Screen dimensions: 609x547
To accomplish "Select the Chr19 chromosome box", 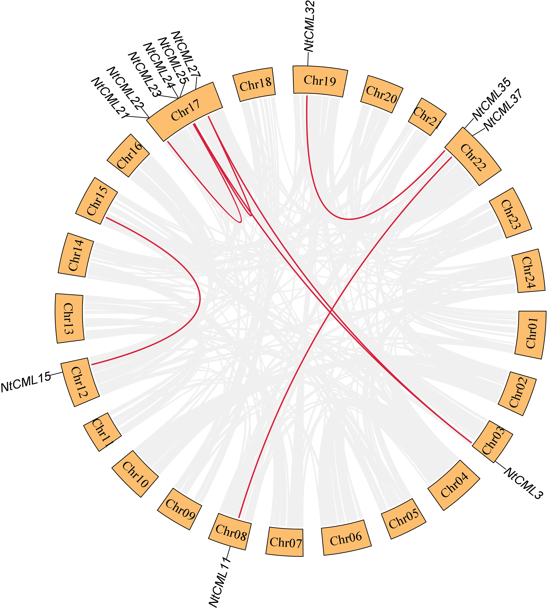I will (320, 80).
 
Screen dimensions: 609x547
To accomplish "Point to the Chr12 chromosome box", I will (80, 382).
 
